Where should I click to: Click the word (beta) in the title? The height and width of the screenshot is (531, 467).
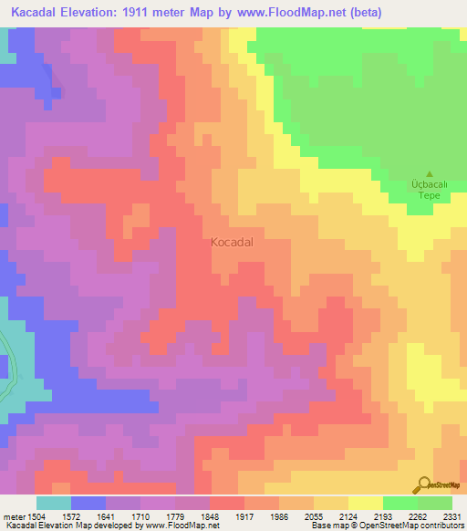click(x=360, y=12)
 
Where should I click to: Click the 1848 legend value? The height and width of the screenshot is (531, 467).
click(x=209, y=517)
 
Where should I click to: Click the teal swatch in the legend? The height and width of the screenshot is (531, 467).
click(x=54, y=503)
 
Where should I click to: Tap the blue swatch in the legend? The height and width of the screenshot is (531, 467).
click(x=88, y=503)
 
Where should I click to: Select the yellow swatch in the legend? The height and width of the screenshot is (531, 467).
click(x=365, y=503)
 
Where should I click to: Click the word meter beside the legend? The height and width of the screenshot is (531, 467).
click(x=14, y=517)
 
